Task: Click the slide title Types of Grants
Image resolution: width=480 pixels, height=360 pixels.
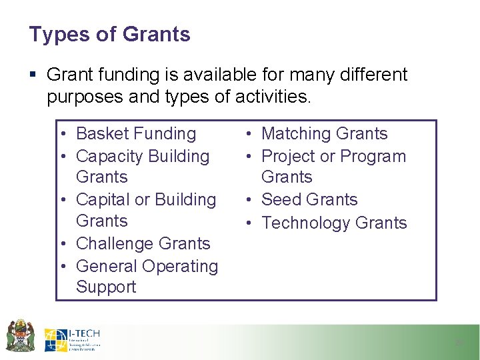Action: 109,35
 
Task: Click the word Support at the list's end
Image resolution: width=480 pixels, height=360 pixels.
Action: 106,287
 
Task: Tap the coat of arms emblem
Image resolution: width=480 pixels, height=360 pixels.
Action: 19,336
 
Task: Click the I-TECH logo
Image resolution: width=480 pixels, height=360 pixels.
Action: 72,340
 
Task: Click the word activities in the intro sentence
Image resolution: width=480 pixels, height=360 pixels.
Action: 273,97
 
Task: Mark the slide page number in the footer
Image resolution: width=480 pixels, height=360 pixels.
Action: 458,343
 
